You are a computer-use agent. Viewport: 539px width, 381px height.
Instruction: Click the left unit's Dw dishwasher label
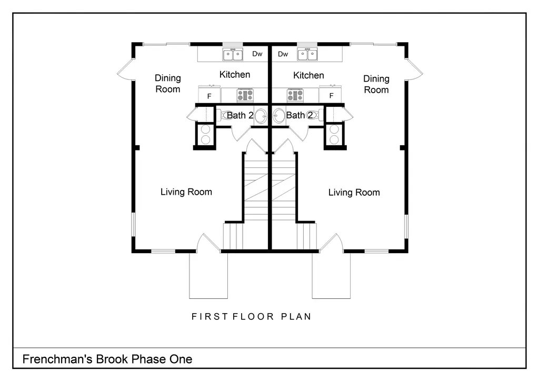(x=257, y=54)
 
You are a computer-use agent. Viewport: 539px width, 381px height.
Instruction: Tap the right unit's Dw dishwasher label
(x=283, y=54)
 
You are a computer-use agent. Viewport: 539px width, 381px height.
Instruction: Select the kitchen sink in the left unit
(x=233, y=54)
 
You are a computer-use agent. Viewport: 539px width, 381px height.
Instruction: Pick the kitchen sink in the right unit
(x=307, y=54)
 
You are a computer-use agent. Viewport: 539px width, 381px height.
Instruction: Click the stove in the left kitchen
(x=245, y=95)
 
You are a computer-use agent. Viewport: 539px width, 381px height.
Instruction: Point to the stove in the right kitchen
(x=295, y=95)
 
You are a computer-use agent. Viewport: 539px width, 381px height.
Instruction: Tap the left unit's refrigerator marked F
(x=209, y=95)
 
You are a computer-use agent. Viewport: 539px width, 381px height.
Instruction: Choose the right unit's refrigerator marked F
(x=331, y=95)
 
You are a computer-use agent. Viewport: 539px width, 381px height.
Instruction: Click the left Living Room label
(x=186, y=192)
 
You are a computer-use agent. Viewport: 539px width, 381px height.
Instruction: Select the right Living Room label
(x=354, y=193)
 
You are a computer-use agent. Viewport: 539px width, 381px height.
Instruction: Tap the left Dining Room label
(x=168, y=84)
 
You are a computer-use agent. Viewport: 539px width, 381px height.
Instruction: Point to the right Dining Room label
(x=376, y=84)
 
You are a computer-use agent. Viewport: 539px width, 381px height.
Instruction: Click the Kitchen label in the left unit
(x=235, y=75)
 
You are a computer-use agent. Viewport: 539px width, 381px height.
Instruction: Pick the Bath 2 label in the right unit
(x=300, y=115)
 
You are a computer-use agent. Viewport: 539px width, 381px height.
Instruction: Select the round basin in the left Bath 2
(x=261, y=116)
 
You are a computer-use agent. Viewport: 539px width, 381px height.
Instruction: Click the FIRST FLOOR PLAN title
(x=251, y=316)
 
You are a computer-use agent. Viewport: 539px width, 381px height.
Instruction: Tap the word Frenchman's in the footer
(x=57, y=359)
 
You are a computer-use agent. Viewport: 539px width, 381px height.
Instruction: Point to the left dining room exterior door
(x=126, y=70)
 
